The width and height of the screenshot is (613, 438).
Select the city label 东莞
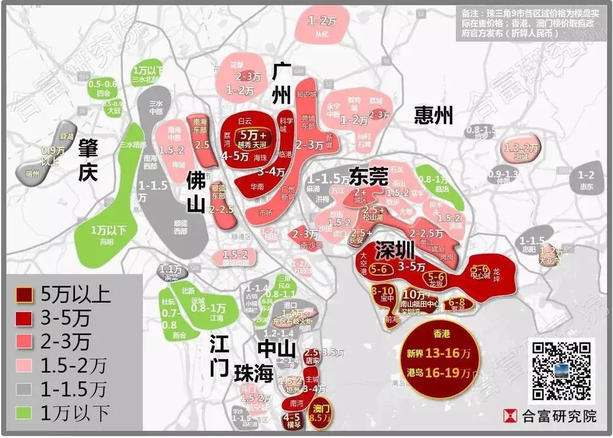[x=369, y=178]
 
